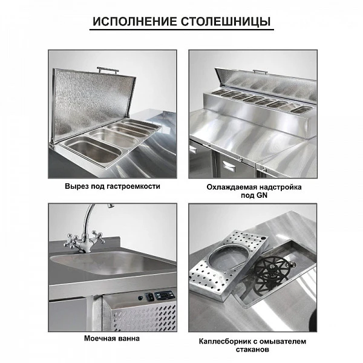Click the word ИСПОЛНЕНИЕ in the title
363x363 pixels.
(x=134, y=22)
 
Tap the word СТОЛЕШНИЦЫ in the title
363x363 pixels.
(x=226, y=22)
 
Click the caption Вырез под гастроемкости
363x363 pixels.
(x=113, y=186)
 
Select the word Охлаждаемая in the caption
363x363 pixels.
(x=232, y=187)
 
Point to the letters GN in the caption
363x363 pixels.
(x=262, y=195)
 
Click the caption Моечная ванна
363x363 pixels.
(x=112, y=338)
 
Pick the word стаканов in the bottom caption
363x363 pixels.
(x=252, y=349)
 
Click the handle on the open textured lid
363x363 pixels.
(x=108, y=69)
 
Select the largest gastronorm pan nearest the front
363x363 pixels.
(x=94, y=150)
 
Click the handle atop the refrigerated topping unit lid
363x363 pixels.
(x=260, y=71)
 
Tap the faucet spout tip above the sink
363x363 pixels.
(x=111, y=205)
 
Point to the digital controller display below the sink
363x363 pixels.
(x=164, y=295)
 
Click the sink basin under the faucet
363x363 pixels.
(x=114, y=263)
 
